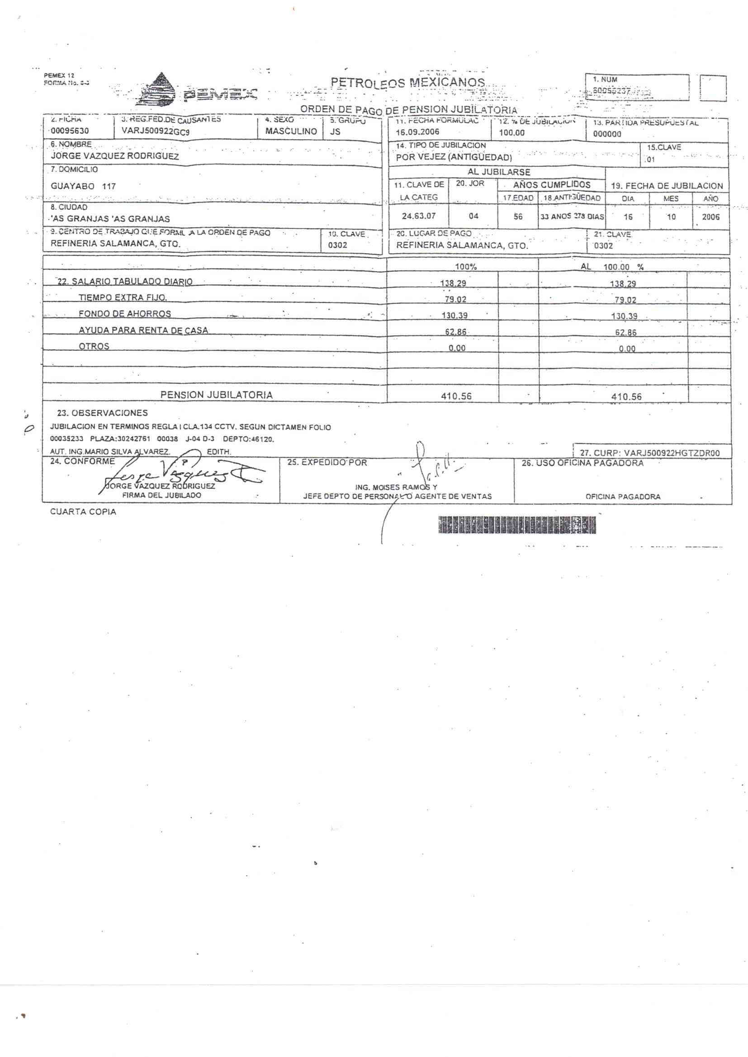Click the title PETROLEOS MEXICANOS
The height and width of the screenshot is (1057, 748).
click(x=407, y=83)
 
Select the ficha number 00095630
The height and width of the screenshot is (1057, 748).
click(x=70, y=131)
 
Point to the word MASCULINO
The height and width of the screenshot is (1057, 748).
click(x=291, y=132)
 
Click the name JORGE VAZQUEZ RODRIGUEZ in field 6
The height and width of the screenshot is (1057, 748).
click(x=115, y=156)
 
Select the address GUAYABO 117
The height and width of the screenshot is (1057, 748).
click(x=83, y=186)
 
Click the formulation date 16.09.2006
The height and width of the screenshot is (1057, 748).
click(x=417, y=132)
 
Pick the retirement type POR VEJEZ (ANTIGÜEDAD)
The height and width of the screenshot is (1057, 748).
click(x=454, y=157)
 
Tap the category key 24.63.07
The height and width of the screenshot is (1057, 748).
click(x=419, y=216)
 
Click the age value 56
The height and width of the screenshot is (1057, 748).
click(x=518, y=217)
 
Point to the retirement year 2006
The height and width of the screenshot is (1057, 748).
click(x=711, y=217)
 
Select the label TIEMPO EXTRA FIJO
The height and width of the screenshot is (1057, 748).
click(x=123, y=298)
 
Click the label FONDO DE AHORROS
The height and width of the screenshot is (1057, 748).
click(x=125, y=314)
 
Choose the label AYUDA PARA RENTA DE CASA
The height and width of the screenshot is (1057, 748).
click(x=143, y=330)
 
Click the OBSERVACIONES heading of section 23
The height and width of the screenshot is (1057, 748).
click(x=102, y=413)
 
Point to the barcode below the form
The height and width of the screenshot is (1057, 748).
click(x=517, y=525)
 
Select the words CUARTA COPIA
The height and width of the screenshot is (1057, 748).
click(x=83, y=512)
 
